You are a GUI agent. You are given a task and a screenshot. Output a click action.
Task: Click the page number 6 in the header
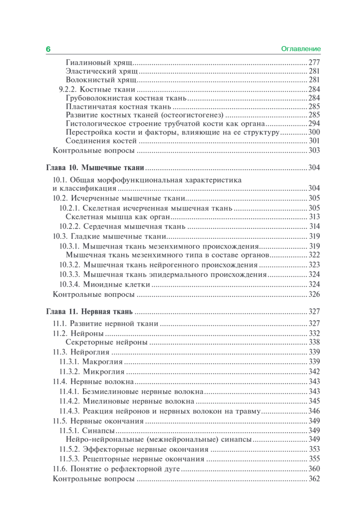[x=48, y=50]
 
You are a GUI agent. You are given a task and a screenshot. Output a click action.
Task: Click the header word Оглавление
[x=301, y=49]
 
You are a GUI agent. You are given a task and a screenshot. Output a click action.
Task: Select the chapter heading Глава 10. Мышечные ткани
[x=95, y=168]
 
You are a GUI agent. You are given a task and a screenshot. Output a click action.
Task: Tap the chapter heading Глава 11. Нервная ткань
[x=89, y=312]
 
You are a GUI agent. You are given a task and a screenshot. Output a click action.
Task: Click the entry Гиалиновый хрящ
[x=99, y=62]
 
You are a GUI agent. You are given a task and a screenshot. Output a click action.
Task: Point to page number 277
[x=314, y=62]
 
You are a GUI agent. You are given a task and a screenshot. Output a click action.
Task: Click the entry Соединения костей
[x=102, y=141]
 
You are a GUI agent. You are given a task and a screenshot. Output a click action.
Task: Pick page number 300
[x=314, y=132]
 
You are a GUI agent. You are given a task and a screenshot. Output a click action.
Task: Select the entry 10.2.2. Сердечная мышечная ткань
[x=123, y=227]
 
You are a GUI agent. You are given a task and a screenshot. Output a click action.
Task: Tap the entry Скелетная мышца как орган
[x=118, y=217]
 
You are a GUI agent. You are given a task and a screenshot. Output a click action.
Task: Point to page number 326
[x=314, y=294]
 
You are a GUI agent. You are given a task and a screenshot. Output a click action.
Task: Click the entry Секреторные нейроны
[x=106, y=342]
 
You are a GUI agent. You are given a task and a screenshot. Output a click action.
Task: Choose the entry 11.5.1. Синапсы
[x=87, y=430]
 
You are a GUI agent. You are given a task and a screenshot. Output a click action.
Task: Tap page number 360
[x=314, y=469]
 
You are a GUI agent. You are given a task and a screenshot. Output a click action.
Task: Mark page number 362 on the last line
[x=314, y=479]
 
